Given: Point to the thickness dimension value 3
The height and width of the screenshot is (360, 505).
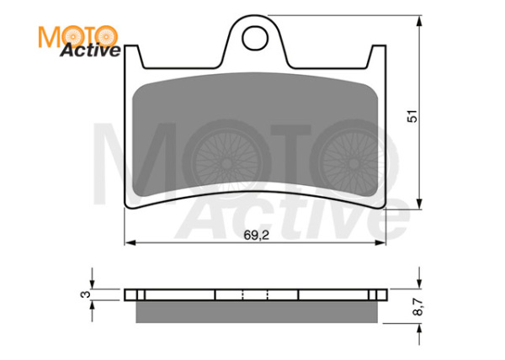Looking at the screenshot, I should (x=83, y=294).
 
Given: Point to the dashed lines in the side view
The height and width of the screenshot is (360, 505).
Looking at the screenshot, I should (x=255, y=294).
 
